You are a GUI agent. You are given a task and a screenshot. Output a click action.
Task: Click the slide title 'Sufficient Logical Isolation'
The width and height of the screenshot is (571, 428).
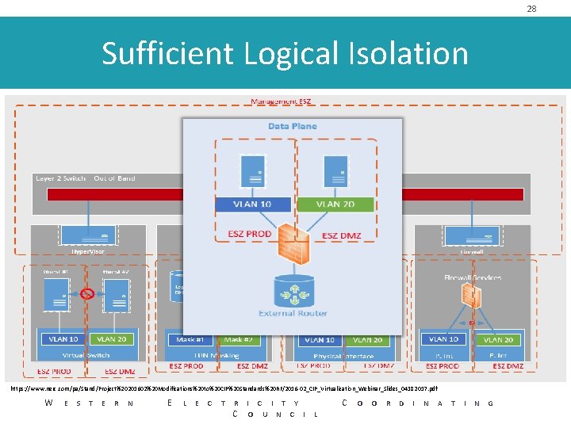[285, 54]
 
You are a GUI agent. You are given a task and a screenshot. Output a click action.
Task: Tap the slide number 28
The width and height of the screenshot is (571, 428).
[554, 8]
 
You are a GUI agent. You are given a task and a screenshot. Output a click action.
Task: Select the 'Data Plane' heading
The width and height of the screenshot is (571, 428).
[292, 126]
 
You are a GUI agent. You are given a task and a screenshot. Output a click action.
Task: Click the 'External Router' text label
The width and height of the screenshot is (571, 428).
[292, 313]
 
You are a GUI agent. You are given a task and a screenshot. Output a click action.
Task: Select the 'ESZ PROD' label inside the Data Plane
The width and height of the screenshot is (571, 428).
[250, 234]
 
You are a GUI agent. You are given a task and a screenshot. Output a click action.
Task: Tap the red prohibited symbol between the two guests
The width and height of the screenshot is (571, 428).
[88, 294]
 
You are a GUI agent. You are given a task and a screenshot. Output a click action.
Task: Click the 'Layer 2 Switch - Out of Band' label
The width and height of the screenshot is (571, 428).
[86, 179]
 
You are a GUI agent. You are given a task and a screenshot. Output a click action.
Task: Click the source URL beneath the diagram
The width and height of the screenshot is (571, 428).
[224, 388]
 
